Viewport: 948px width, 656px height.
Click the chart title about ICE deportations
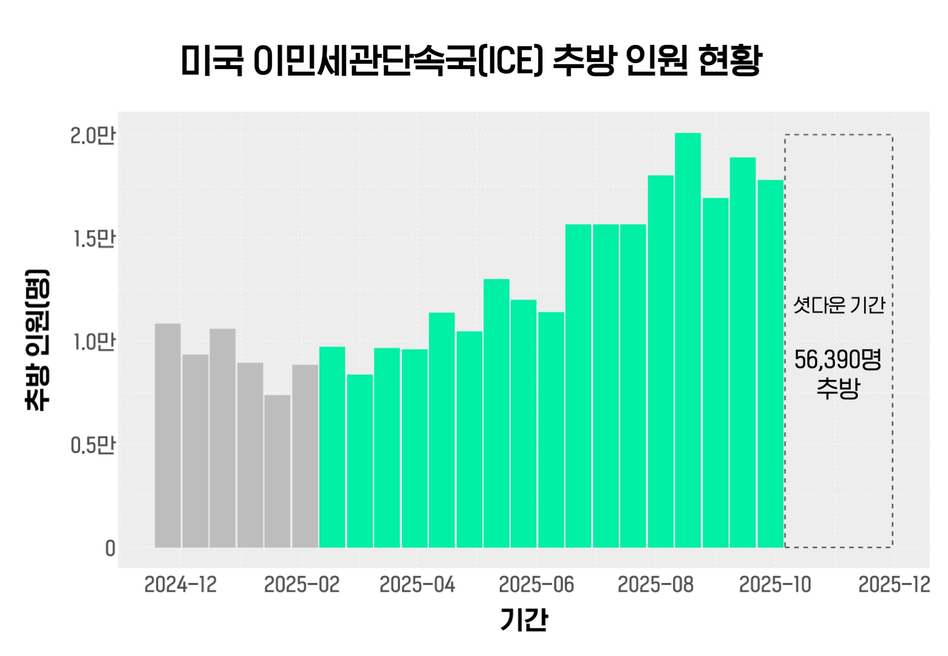(x=472, y=60)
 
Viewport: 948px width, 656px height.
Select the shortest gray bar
(x=277, y=471)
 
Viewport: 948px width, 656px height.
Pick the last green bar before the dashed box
(x=770, y=363)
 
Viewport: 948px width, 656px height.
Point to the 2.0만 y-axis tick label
(x=92, y=135)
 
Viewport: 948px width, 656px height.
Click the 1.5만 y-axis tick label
(x=94, y=238)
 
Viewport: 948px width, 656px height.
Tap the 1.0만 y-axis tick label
(x=94, y=342)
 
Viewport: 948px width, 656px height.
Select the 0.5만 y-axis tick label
(x=92, y=445)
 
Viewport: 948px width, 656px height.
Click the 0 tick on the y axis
(x=110, y=548)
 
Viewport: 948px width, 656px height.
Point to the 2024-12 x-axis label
(x=180, y=585)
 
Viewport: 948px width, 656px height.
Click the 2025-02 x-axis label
(x=302, y=585)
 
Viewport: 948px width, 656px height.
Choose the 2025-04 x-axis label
(x=417, y=585)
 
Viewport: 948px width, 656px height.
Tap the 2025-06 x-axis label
(x=536, y=585)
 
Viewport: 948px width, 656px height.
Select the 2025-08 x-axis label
(x=655, y=585)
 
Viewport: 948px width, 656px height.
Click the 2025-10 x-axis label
(x=775, y=585)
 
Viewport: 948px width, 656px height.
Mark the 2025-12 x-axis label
(x=894, y=585)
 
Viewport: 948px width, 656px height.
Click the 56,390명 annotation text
(x=838, y=360)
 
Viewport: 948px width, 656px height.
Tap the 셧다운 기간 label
(x=839, y=305)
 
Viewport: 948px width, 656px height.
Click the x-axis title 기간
(x=524, y=619)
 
